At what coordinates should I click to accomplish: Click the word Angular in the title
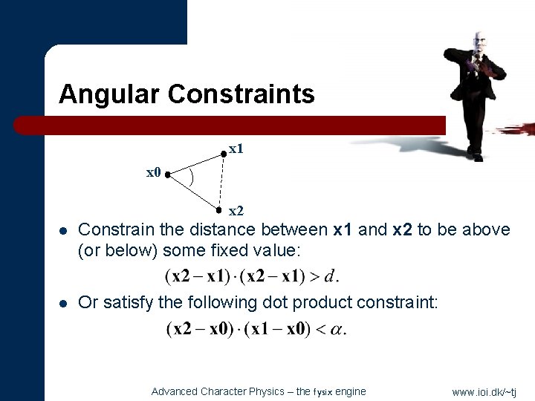pos(110,95)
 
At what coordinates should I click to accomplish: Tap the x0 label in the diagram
pos(154,173)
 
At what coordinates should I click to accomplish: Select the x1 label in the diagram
pos(236,149)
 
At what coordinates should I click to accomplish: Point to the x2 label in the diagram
pos(236,211)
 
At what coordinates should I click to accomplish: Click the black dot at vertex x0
pos(168,175)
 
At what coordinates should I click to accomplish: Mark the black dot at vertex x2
pos(220,209)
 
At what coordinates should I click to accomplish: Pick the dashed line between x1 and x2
pos(221,182)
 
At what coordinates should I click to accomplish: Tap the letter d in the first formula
pos(329,277)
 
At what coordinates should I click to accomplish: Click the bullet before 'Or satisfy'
pos(65,303)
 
